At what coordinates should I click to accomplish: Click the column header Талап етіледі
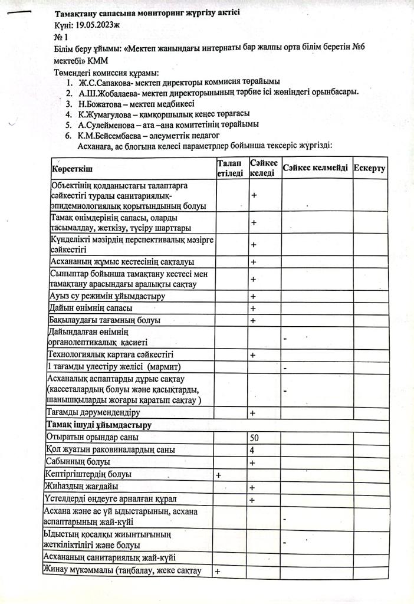click(229, 168)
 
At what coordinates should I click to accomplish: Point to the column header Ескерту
click(370, 169)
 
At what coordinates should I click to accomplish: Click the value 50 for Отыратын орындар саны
click(255, 438)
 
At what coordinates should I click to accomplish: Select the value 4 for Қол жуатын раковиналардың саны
click(252, 450)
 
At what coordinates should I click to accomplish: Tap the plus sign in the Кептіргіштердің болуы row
click(219, 475)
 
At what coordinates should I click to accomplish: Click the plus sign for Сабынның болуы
click(252, 463)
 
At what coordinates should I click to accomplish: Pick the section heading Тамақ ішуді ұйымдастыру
click(98, 425)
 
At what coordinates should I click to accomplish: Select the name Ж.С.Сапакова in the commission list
click(106, 82)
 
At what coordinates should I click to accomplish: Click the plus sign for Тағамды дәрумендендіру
click(252, 413)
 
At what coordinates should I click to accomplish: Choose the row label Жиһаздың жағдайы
click(81, 487)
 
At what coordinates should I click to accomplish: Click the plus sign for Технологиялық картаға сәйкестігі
click(252, 355)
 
